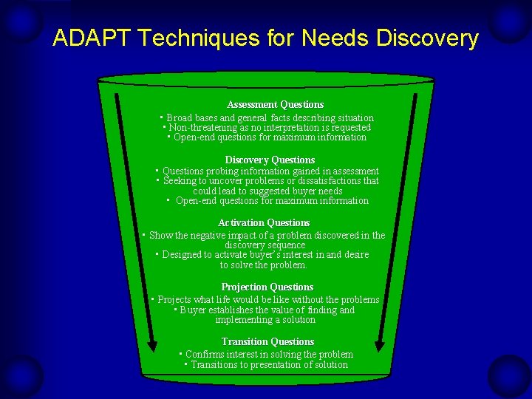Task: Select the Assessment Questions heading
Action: (x=275, y=105)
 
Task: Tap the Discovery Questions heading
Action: (x=270, y=160)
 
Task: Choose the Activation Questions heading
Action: (x=264, y=223)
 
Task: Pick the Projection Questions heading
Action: (x=267, y=287)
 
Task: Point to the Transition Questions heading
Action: (x=267, y=342)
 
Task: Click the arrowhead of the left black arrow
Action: (x=151, y=346)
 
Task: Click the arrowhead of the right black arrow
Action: (x=380, y=345)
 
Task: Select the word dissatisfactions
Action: (x=336, y=181)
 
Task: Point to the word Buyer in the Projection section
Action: (x=194, y=310)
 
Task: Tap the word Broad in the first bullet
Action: (x=180, y=118)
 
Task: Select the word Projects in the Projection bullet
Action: (x=175, y=300)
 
